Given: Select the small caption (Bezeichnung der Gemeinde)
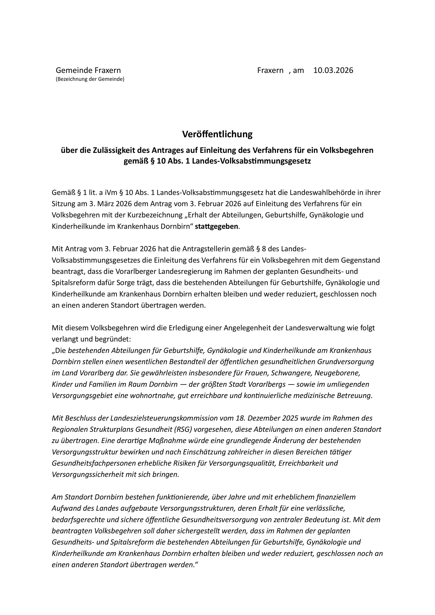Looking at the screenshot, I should (x=90, y=79).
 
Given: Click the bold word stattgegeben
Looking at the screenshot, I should (x=216, y=227).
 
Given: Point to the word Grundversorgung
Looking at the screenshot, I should (x=346, y=362).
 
